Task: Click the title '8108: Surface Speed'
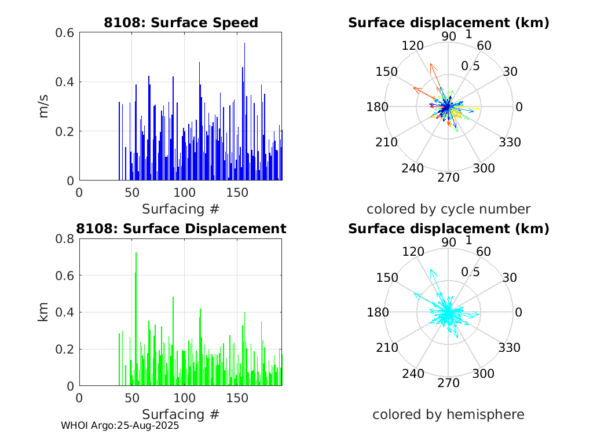point(181,23)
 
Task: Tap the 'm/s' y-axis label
point(44,106)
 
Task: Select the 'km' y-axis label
point(44,312)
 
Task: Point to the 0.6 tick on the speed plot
point(64,32)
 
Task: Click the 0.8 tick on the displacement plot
point(64,238)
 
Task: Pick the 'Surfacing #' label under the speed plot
point(181,208)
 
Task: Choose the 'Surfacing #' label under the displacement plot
point(181,414)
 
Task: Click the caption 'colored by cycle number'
point(448,208)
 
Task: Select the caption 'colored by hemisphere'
point(448,414)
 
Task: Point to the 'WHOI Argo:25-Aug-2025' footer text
point(120,425)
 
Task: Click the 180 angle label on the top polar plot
point(380,107)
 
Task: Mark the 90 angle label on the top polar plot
point(449,36)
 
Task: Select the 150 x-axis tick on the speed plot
point(237,192)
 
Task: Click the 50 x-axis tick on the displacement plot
point(131,398)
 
